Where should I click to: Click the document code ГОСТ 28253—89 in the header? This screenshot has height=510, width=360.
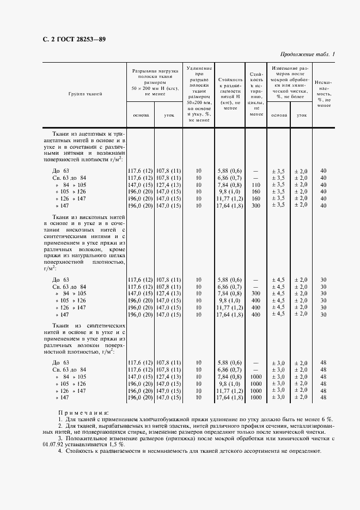(77, 39)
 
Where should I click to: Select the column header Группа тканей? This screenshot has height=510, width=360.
(85, 94)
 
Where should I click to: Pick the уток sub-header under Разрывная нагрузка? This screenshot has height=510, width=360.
(169, 115)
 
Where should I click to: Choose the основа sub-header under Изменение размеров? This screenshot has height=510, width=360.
(279, 115)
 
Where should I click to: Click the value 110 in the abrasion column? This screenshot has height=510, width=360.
(255, 185)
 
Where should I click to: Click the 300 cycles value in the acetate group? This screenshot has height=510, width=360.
(255, 205)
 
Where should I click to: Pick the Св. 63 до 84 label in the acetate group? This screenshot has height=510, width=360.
(69, 178)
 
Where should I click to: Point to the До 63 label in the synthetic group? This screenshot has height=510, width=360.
(60, 362)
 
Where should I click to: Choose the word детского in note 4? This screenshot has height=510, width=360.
(235, 452)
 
